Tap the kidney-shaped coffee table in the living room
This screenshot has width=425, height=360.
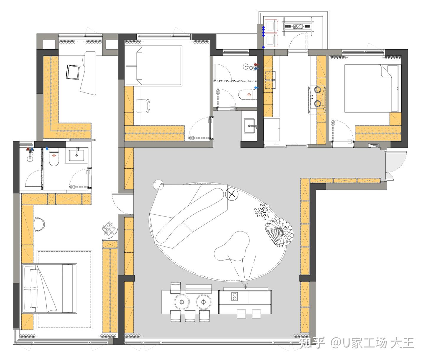click(232, 246)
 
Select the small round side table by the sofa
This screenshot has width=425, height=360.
click(158, 185)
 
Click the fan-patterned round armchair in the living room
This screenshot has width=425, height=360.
click(279, 232)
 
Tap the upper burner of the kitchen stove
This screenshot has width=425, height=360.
click(318, 90)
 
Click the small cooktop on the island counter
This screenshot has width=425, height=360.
click(234, 297)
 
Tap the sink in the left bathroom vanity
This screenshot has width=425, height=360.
click(76, 155)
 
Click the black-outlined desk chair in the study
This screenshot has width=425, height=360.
click(73, 72)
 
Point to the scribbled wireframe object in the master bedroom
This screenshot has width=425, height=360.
click(109, 228)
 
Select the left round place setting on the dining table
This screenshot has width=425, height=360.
click(182, 302)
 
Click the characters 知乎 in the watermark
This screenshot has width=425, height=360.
click(312, 343)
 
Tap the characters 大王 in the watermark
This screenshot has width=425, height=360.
click(402, 343)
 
